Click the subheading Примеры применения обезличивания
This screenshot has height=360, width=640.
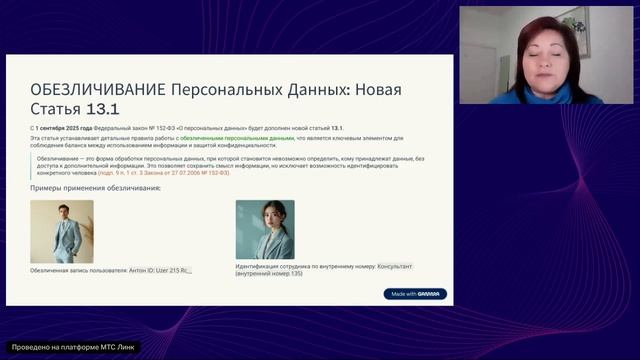[96, 189]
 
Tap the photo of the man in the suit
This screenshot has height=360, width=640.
[61, 231]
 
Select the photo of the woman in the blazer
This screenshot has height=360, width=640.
[265, 230]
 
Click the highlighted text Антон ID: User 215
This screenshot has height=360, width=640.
[160, 270]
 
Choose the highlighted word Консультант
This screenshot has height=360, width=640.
[395, 267]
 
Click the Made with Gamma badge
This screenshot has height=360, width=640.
[415, 294]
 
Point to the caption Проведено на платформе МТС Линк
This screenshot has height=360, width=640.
[72, 347]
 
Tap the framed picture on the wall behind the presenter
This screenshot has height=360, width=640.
[575, 26]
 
